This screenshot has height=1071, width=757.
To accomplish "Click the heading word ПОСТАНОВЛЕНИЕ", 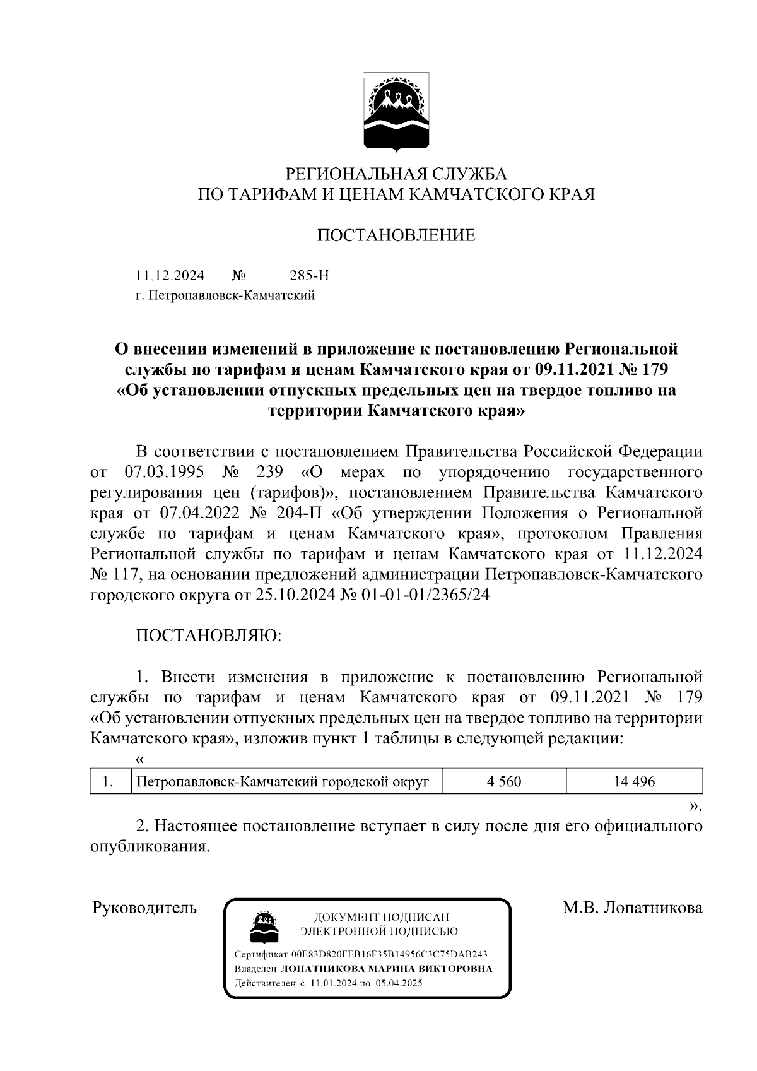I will pos(396,236).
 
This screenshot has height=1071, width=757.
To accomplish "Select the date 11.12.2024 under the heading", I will pos(170,276).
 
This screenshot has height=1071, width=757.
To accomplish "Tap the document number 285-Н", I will pos(309,276).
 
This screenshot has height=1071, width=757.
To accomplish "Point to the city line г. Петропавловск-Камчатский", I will pos(225,295).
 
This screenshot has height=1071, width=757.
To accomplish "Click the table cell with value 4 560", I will pos(504,781).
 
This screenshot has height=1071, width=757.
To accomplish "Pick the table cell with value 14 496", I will pos(634,781).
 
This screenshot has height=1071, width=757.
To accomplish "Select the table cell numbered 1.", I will pos(109,781).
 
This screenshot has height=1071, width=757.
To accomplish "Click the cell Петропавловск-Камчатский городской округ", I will pos(283,781).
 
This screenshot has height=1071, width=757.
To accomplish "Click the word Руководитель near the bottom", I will pos(144,908).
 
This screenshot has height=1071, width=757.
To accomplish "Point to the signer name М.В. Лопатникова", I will pos(633,908).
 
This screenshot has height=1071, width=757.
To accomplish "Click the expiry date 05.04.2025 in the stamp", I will pos(399,983).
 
